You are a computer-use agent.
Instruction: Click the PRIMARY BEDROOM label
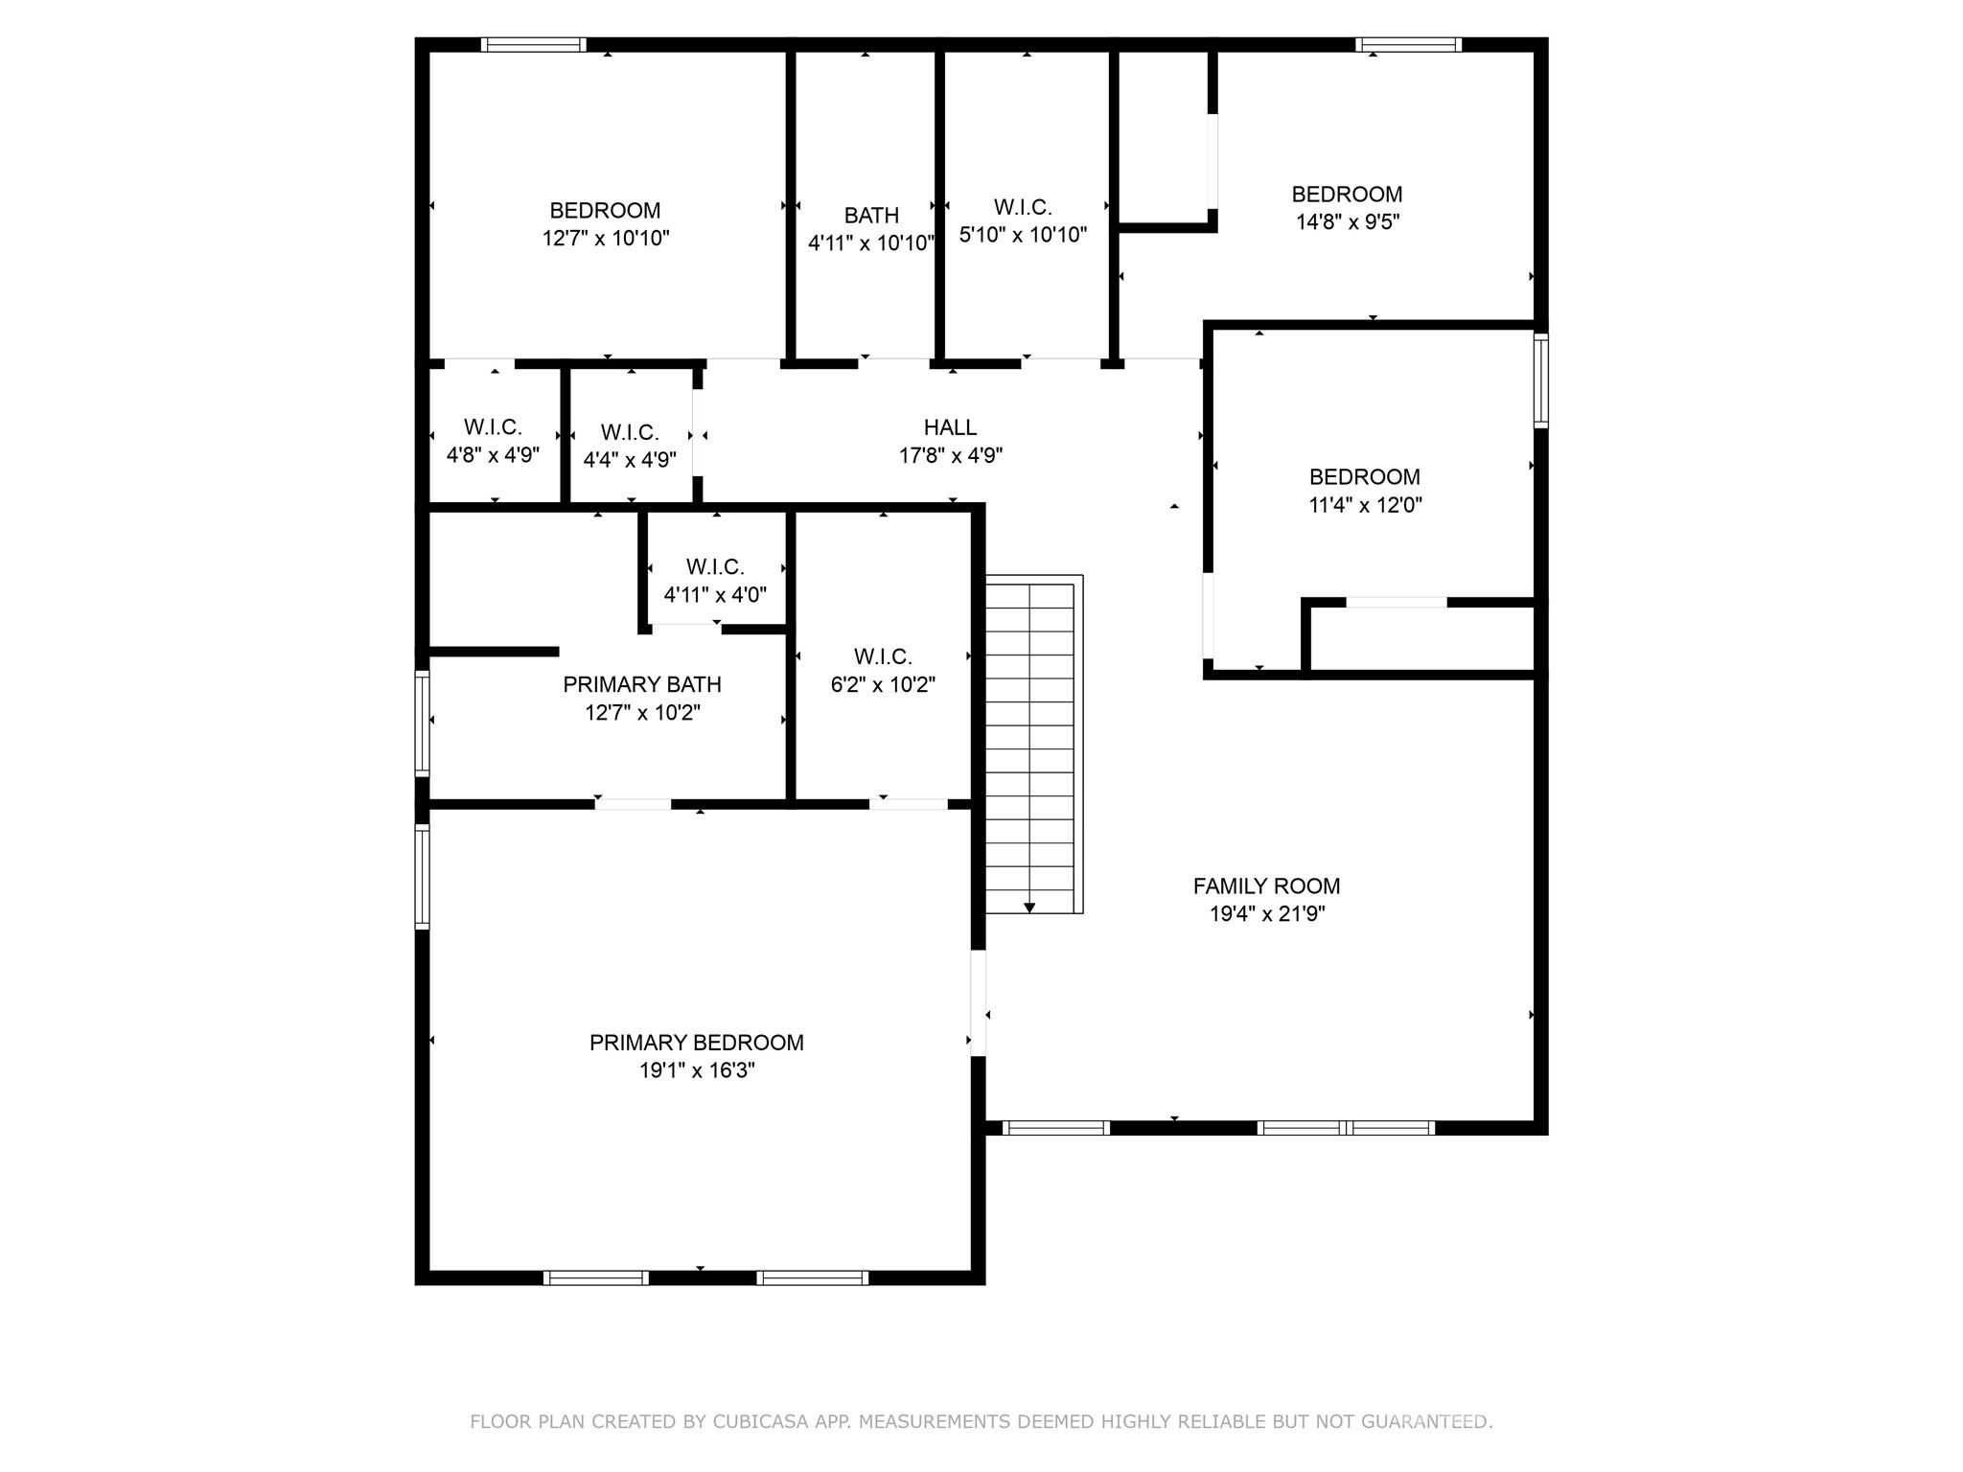coord(696,1043)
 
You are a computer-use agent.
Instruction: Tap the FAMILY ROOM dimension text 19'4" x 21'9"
coord(1267,914)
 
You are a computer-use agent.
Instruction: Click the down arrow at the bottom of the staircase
coord(1029,907)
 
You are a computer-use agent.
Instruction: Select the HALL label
coord(950,427)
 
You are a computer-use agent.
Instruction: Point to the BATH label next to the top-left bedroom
coord(871,216)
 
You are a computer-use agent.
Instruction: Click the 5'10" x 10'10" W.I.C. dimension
coord(1023,235)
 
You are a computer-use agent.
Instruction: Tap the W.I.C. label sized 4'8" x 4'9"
coord(493,427)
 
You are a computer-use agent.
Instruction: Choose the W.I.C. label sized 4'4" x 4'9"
coord(630,433)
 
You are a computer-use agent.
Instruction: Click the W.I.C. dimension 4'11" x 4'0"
coord(715,595)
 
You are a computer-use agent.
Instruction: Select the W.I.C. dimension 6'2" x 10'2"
coord(883,685)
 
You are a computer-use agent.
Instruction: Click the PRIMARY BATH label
coord(641,684)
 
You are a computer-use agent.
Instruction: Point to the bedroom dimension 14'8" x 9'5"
coord(1348,222)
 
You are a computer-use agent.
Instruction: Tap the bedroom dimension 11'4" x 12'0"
coord(1365,505)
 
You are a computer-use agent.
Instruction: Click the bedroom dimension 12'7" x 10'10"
coord(606,239)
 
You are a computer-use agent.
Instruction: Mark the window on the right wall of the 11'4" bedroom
coord(1540,380)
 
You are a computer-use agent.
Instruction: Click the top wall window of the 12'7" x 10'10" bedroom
coord(533,44)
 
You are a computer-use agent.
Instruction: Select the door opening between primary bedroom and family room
coord(978,1002)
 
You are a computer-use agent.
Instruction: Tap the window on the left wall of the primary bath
coord(422,723)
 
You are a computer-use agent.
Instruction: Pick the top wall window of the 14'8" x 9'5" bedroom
coord(1408,44)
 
